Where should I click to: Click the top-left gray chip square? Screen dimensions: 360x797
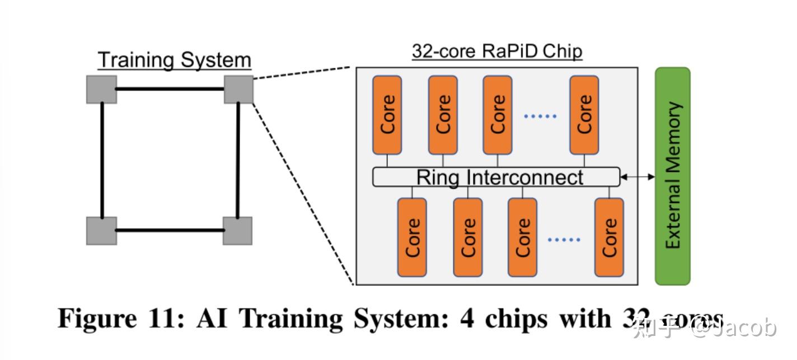(102, 90)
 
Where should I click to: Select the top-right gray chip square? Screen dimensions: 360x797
(238, 90)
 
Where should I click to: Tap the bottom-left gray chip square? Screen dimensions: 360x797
(102, 231)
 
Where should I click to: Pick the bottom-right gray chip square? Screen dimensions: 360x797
(237, 231)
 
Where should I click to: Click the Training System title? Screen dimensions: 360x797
(175, 60)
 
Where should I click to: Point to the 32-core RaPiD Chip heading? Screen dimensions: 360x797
(497, 51)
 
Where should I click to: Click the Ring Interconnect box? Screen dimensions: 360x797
(496, 177)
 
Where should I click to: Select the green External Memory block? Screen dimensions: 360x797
(672, 176)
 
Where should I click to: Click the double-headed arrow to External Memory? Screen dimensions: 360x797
(637, 177)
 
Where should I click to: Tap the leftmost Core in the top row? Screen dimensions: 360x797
(387, 115)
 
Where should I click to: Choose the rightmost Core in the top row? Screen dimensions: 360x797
(584, 115)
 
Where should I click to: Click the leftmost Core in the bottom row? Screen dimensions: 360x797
(412, 237)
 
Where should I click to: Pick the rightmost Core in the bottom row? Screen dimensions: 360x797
(609, 237)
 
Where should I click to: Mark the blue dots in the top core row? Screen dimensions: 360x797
(540, 116)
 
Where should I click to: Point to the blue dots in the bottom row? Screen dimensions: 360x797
(564, 240)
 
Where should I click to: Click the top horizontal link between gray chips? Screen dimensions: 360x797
(170, 88)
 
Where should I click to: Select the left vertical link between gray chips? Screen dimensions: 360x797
(102, 160)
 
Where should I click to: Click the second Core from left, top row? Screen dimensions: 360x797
(443, 115)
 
